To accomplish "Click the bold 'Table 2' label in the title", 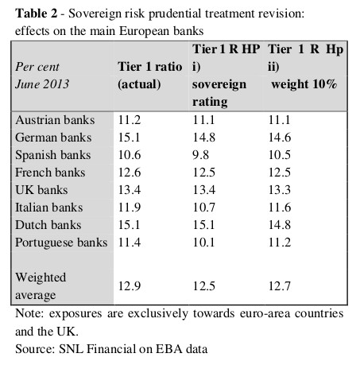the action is pyautogui.click(x=36, y=14).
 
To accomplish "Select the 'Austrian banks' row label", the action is pyautogui.click(x=55, y=120).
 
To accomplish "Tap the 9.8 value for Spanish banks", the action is pyautogui.click(x=200, y=155).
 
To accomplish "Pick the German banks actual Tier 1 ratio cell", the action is pyautogui.click(x=129, y=138).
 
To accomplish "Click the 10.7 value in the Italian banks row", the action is pyautogui.click(x=203, y=208).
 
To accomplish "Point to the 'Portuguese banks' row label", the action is pyautogui.click(x=61, y=243).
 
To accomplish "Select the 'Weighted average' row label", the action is pyautogui.click(x=41, y=286).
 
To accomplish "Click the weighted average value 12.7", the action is pyautogui.click(x=280, y=286).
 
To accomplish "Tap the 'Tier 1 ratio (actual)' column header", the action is pyautogui.click(x=150, y=76).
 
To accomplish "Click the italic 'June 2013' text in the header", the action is pyautogui.click(x=42, y=84).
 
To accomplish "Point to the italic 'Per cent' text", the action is pyautogui.click(x=37, y=67).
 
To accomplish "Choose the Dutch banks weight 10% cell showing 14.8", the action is pyautogui.click(x=280, y=225).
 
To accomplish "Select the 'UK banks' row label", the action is pyautogui.click(x=41, y=190).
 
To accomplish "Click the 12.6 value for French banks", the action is pyautogui.click(x=130, y=173).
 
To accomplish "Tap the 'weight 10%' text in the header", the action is pyautogui.click(x=304, y=84).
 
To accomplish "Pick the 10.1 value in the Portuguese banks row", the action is pyautogui.click(x=203, y=243).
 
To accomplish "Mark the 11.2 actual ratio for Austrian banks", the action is pyautogui.click(x=130, y=120).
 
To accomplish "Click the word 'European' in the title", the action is pyautogui.click(x=144, y=32).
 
